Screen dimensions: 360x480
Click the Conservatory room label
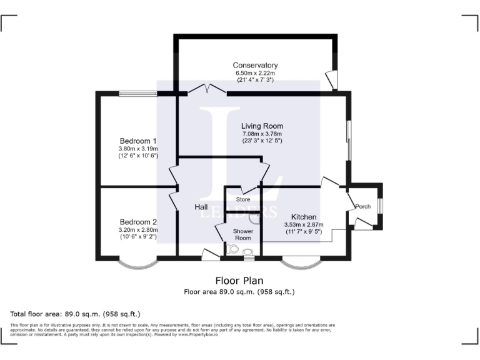point(255,66)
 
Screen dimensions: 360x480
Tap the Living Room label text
point(262,126)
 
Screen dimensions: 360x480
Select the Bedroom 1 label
point(138,141)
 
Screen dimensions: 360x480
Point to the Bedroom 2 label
point(138,222)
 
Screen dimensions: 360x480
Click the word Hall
point(201,207)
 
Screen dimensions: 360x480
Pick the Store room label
point(242,200)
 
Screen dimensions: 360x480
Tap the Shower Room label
point(242,234)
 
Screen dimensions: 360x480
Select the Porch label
point(362,206)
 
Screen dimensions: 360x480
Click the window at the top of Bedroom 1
point(138,94)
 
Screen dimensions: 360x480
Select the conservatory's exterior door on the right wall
point(332,79)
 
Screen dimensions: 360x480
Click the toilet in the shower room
point(248,252)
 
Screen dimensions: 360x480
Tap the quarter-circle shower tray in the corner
point(255,218)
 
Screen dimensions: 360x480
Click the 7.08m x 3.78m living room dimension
point(262,134)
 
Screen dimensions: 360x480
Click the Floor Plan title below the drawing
point(239,281)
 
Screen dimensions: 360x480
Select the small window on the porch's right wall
point(380,206)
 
